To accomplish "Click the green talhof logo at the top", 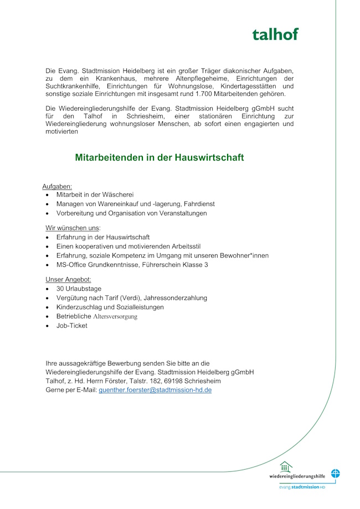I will coord(275,34).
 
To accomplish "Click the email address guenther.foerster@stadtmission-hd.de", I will coord(155,390).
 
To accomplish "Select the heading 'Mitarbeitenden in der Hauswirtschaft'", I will coord(160,158).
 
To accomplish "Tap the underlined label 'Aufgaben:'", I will coord(57,187).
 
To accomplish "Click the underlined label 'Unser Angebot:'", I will coord(68,280).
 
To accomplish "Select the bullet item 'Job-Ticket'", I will coord(71,326).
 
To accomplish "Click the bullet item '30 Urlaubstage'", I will coord(79,289).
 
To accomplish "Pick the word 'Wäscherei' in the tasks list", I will coord(117,195).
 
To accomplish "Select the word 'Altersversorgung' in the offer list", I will coord(115,317).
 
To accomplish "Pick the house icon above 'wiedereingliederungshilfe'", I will coord(286,467).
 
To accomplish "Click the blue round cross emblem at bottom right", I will coord(336,474).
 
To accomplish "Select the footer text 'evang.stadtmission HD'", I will coord(302,487).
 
